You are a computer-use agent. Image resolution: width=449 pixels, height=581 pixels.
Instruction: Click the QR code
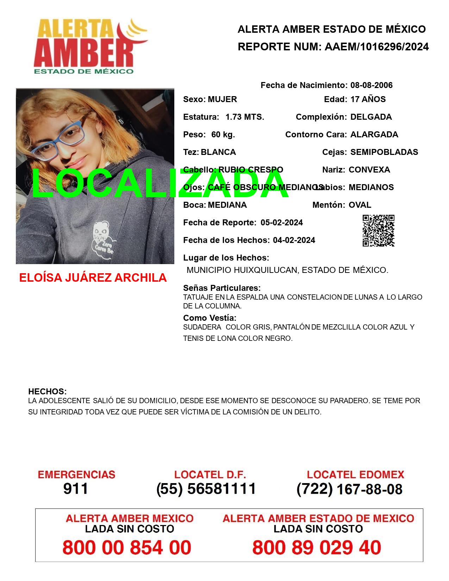point(378,231)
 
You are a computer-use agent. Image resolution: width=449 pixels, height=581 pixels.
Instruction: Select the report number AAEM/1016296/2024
point(376,46)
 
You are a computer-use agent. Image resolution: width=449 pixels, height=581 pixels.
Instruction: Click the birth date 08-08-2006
point(371,85)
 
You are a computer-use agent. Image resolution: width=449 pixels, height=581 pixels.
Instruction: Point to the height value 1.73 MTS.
point(245,117)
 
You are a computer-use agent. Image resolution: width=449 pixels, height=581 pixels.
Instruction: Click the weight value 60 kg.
point(223,135)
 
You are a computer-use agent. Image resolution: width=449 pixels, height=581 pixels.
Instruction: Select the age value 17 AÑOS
point(368,99)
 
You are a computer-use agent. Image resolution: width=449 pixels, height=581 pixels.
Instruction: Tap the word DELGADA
point(371,117)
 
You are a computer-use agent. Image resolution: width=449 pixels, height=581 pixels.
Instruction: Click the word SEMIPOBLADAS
point(384,152)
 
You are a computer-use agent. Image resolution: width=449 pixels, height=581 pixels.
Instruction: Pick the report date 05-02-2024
point(281,223)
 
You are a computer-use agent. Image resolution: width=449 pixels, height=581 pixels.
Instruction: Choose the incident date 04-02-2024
point(294,240)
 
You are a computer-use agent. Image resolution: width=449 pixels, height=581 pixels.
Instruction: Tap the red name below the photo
point(93,278)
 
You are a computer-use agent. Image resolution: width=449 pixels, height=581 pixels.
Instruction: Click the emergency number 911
point(76,489)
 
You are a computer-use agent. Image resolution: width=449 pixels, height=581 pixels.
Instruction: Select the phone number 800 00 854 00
point(127,548)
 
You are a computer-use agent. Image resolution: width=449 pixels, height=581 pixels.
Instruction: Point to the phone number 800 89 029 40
point(317,548)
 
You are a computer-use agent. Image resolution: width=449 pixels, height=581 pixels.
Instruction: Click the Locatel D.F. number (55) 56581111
point(206,489)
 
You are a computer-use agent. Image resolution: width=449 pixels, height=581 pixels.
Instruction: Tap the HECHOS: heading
point(47,392)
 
